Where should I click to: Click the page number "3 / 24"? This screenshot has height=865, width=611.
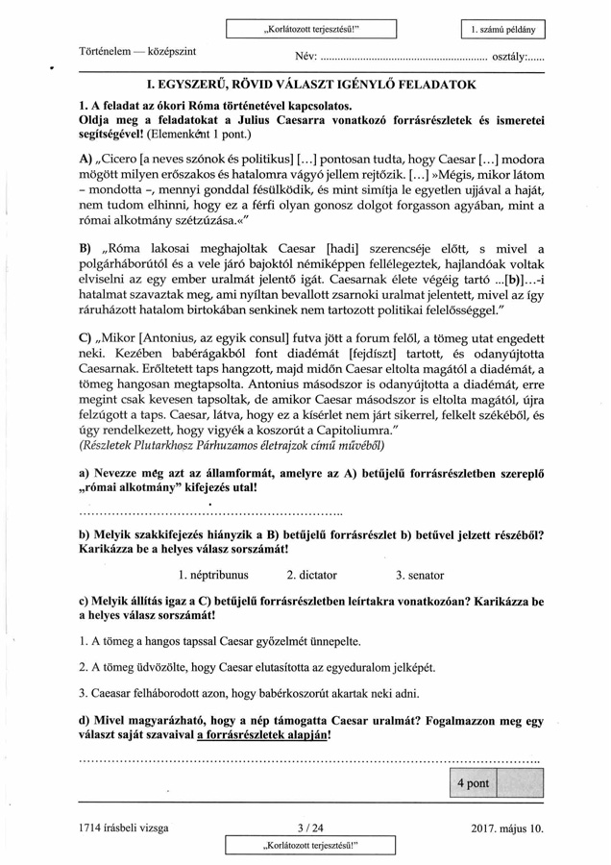point(310,828)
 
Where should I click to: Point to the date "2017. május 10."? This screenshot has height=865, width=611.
point(507,828)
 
